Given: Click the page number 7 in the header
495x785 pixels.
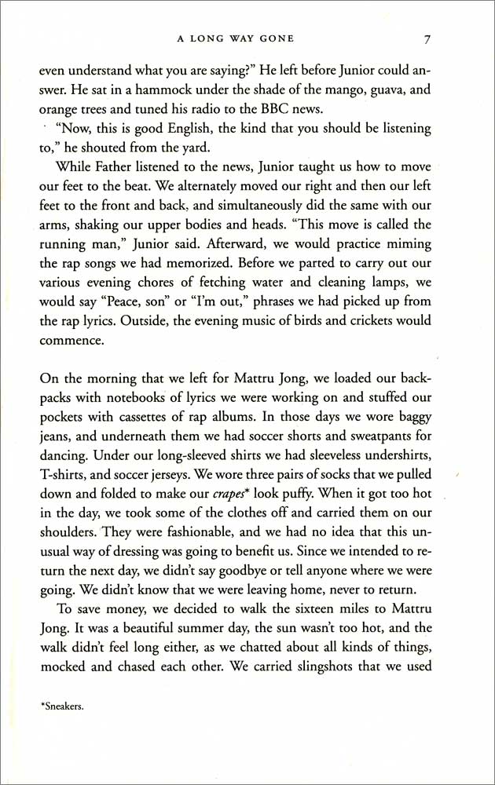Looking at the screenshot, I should point(425,38).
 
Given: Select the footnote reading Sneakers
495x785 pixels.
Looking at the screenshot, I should point(62,706).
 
